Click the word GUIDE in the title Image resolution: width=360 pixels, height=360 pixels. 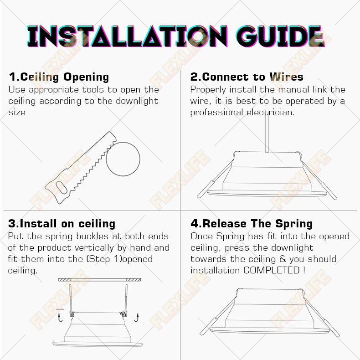[x=281, y=36]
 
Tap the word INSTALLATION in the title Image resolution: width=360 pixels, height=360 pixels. [x=128, y=36]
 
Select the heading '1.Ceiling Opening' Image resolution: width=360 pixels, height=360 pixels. [x=59, y=77]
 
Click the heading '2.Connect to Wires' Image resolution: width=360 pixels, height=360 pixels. [x=247, y=77]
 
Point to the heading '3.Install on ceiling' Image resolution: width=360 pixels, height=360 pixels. [x=62, y=224]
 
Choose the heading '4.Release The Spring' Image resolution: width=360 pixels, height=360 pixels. [x=252, y=224]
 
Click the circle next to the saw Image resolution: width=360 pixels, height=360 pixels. [x=123, y=159]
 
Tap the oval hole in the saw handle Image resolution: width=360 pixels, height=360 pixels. [x=61, y=187]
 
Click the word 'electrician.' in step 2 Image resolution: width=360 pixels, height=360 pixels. [x=271, y=113]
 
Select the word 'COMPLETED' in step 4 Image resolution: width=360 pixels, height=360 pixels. [x=272, y=270]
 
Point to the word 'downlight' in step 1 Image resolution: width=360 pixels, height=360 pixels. [x=137, y=101]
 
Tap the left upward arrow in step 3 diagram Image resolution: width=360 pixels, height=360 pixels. [x=60, y=318]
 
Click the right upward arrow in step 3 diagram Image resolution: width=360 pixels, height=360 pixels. [x=137, y=318]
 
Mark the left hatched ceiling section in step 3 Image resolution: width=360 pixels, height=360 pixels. [x=65, y=280]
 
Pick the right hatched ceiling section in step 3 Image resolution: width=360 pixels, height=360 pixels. [x=134, y=280]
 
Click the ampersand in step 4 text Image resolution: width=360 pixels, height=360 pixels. [x=283, y=259]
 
